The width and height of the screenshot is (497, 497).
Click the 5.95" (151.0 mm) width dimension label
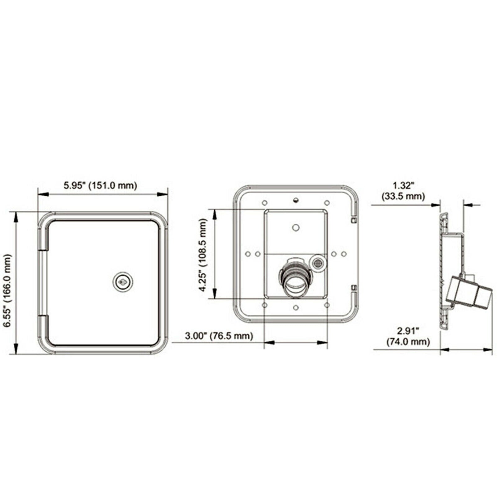pyautogui.click(x=100, y=185)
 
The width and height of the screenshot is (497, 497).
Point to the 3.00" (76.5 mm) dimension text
pyautogui.click(x=219, y=335)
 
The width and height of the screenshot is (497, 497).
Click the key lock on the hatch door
pyautogui.click(x=123, y=282)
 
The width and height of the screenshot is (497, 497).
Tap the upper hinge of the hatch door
pyautogui.click(x=43, y=239)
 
